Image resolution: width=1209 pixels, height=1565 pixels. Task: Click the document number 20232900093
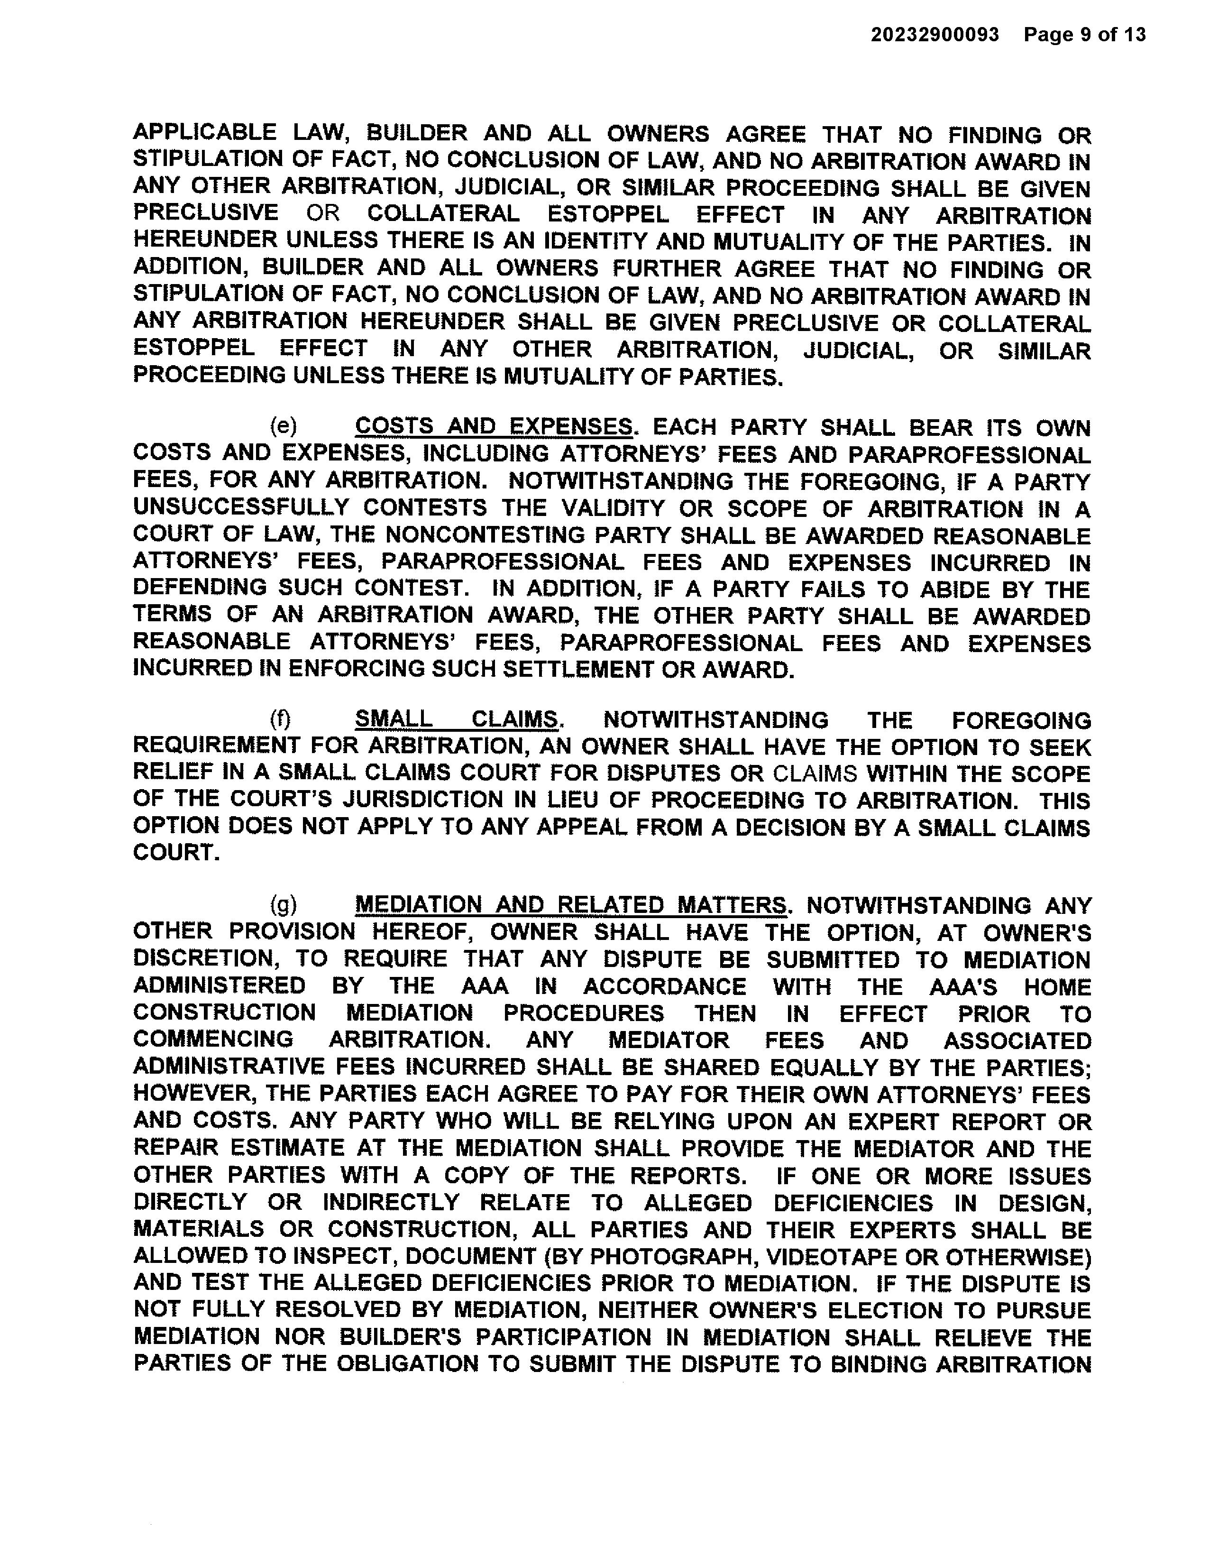pyautogui.click(x=934, y=35)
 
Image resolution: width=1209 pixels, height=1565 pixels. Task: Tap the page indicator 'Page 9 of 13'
pyautogui.click(x=1084, y=35)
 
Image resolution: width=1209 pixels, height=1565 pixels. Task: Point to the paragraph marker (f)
pyautogui.click(x=280, y=719)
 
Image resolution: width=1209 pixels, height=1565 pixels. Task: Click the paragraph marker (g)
pyautogui.click(x=283, y=905)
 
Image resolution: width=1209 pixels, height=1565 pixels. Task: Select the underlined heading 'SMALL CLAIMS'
pyautogui.click(x=456, y=719)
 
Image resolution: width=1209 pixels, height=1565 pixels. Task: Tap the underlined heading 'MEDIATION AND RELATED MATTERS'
pyautogui.click(x=570, y=905)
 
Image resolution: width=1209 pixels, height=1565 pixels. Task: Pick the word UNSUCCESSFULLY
pyautogui.click(x=241, y=507)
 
